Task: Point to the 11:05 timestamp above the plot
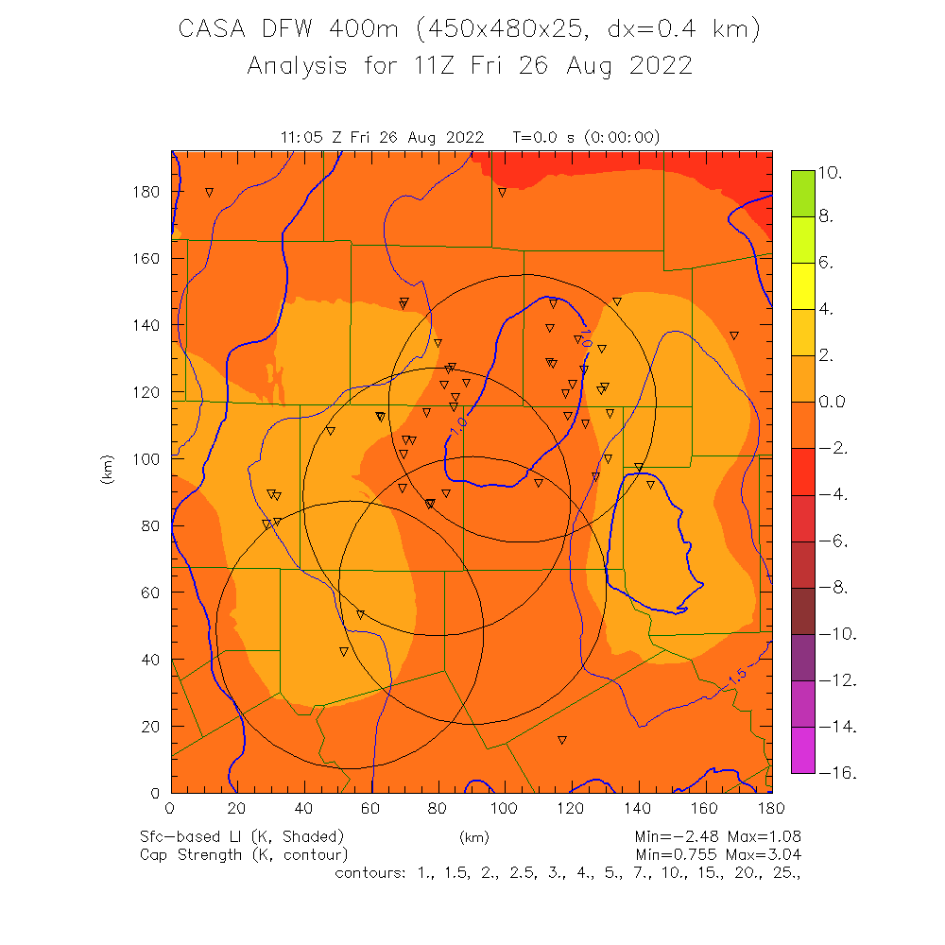pos(303,138)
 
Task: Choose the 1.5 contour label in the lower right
pos(738,675)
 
